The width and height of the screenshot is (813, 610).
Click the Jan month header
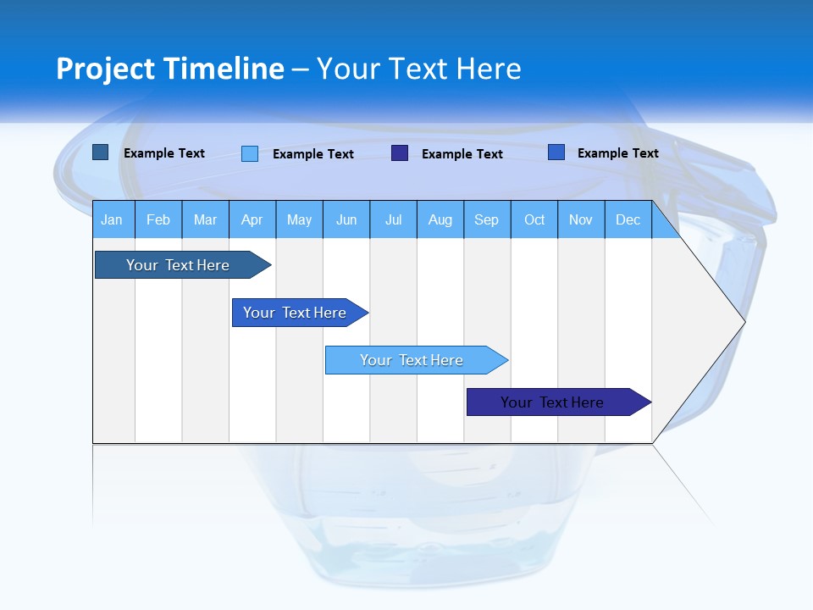point(112,220)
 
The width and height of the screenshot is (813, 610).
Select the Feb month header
point(158,220)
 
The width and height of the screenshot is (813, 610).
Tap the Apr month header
point(252,220)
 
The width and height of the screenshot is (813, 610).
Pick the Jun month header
point(346,220)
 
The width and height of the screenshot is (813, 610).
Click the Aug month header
point(440,220)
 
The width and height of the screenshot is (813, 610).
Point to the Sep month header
point(487,220)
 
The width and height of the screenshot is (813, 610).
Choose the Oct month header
point(534,220)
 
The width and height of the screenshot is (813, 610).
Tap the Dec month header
point(628,220)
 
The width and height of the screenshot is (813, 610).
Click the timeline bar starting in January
point(178,265)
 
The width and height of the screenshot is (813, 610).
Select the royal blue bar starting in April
point(295,313)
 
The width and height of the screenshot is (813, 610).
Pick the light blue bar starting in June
point(412,360)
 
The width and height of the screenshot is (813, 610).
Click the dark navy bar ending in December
point(552,402)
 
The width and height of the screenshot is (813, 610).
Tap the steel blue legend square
point(101,152)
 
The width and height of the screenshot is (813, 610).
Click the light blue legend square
point(250,153)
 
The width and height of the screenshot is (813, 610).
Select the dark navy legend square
point(400,153)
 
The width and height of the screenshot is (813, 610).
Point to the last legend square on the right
point(556,152)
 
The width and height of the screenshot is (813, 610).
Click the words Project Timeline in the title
point(169,69)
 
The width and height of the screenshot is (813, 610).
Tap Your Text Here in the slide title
point(418,69)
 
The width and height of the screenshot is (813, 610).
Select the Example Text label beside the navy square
point(462,154)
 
